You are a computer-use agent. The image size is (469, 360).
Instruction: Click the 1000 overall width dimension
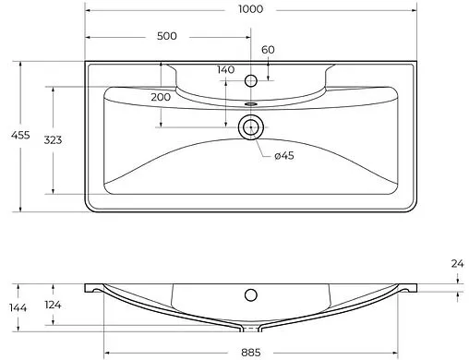(250, 9)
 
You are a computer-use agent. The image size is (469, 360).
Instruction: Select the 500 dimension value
(167, 36)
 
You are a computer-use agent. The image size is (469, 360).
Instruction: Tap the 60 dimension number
(268, 50)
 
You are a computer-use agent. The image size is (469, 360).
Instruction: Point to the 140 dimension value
(225, 70)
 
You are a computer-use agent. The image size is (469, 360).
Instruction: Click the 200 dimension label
(161, 97)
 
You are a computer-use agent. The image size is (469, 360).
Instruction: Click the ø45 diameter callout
(283, 154)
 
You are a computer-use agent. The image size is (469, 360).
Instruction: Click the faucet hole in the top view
(250, 81)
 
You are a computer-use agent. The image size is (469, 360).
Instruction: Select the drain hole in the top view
(250, 127)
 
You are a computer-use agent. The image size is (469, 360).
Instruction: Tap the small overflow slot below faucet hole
(250, 93)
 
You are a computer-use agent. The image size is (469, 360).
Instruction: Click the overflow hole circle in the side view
(250, 296)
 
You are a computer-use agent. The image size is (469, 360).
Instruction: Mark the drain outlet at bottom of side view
(250, 329)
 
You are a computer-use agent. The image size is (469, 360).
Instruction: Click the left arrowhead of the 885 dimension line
(107, 351)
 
